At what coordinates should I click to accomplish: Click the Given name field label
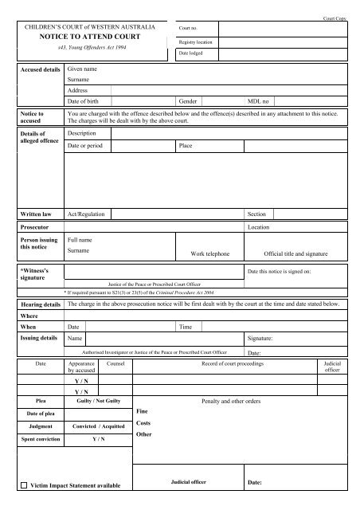(84, 69)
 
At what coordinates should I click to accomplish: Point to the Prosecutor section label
(36, 226)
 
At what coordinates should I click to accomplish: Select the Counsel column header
(116, 362)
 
